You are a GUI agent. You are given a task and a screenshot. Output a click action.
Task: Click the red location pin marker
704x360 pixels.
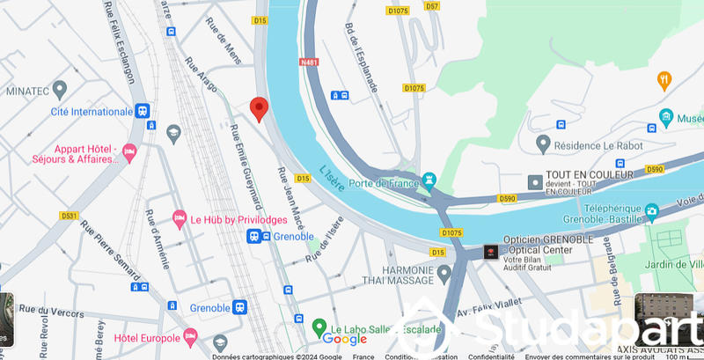pyautogui.click(x=259, y=108)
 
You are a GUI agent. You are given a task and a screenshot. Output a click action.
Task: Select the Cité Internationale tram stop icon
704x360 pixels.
pyautogui.click(x=143, y=112)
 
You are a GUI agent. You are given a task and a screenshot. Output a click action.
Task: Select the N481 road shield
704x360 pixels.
pyautogui.click(x=308, y=62)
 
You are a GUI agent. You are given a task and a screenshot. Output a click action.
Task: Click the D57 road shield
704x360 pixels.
pyautogui.click(x=431, y=6)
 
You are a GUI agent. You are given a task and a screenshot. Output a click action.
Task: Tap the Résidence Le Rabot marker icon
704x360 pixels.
pyautogui.click(x=543, y=142)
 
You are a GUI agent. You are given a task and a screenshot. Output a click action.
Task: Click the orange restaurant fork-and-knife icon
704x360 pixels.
pyautogui.click(x=664, y=82)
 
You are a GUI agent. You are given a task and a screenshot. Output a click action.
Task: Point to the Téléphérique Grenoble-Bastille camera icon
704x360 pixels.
pyautogui.click(x=651, y=211)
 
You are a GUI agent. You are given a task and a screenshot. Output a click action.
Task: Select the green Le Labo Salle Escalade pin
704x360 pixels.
pyautogui.click(x=319, y=328)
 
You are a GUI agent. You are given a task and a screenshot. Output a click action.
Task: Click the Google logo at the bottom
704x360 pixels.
pyautogui.click(x=344, y=340)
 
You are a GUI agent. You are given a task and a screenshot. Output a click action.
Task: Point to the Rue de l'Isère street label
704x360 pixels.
pyautogui.click(x=323, y=239)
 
